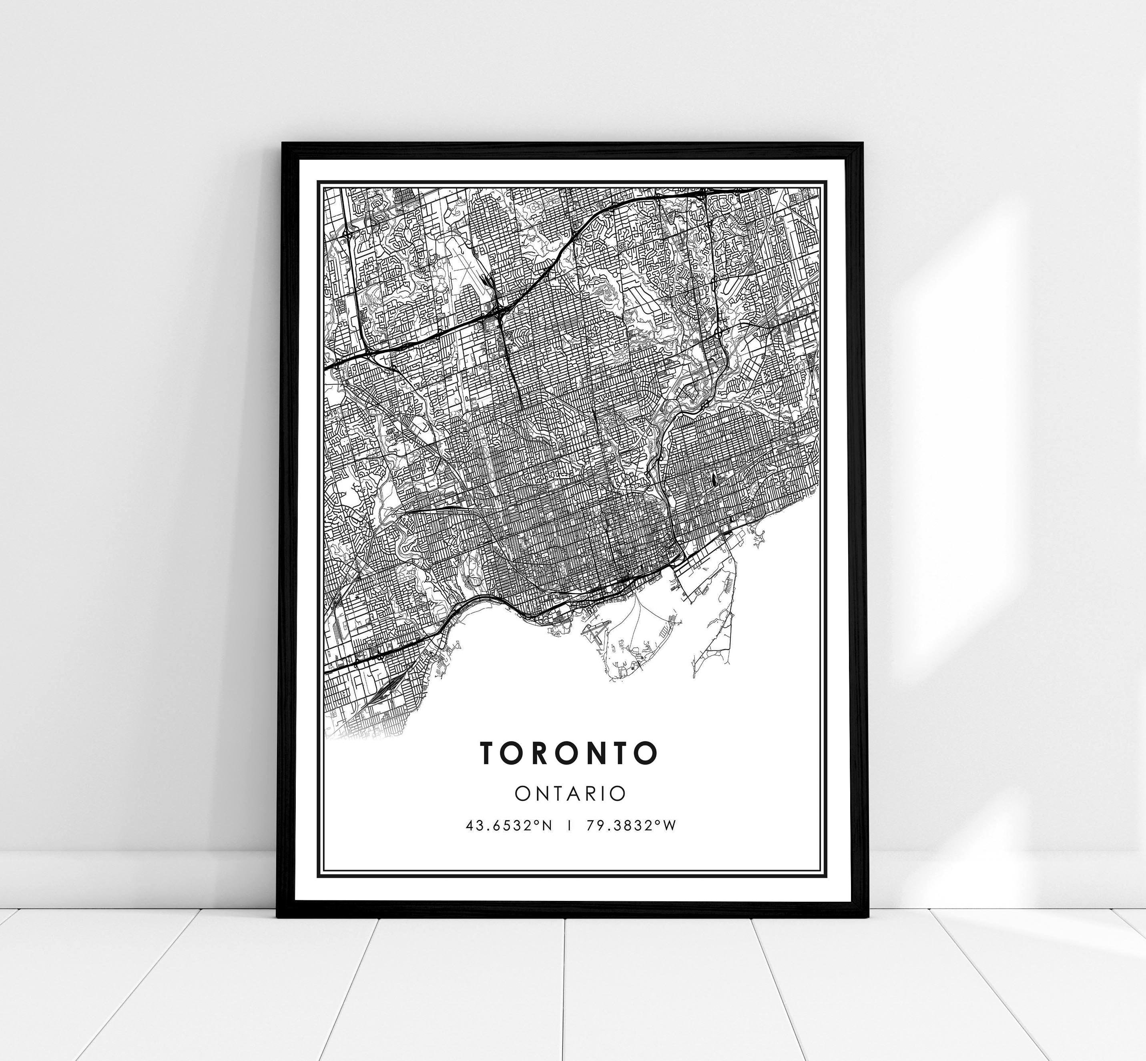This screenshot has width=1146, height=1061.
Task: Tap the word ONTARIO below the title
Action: [x=570, y=794]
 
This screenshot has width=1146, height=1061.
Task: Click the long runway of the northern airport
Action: [x=472, y=276]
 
